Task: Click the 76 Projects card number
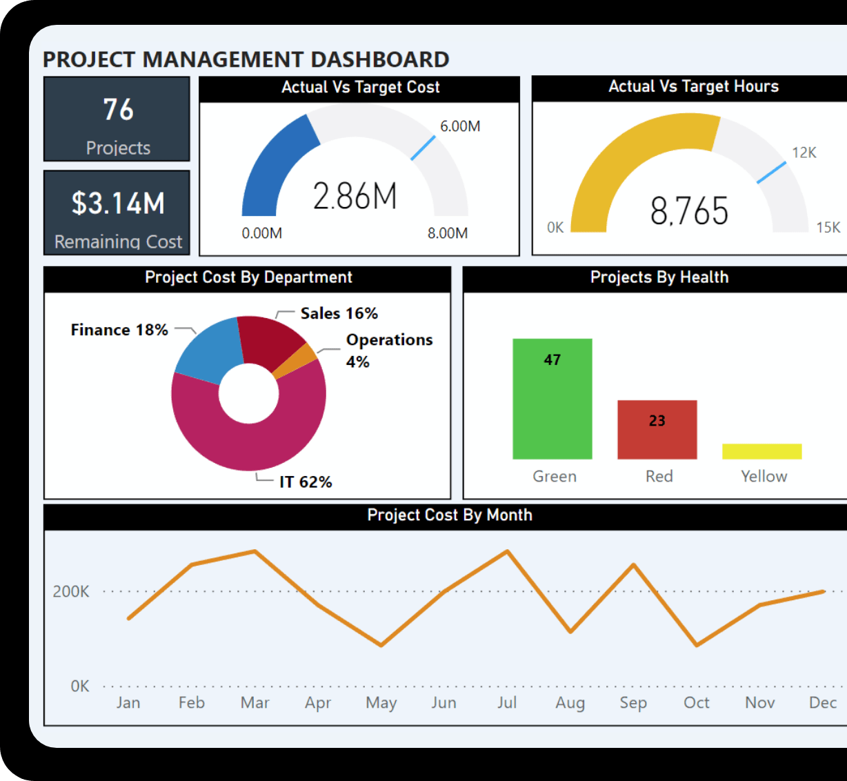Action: click(118, 110)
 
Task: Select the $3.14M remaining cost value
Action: click(118, 204)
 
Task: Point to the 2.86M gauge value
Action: click(355, 197)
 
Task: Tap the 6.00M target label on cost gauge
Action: click(460, 126)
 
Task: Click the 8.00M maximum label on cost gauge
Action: click(448, 233)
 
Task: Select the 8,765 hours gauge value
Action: click(689, 211)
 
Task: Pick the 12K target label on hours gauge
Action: click(804, 152)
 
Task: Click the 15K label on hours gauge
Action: click(828, 227)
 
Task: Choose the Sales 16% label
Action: click(339, 313)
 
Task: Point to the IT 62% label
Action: click(306, 482)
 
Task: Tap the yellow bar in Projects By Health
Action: click(761, 451)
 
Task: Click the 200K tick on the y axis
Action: click(71, 591)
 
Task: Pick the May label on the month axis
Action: click(381, 702)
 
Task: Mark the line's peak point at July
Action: click(508, 551)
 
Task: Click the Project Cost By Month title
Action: click(450, 515)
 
